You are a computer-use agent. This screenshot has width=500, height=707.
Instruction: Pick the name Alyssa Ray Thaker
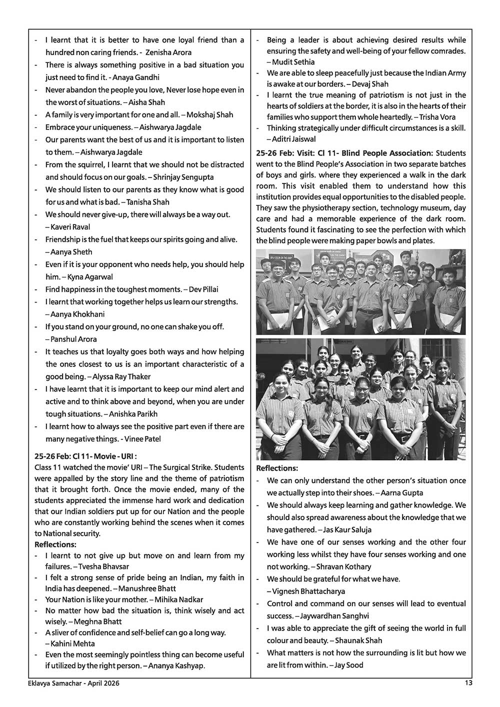coord(122,376)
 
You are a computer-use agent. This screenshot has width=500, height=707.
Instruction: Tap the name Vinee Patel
coord(143,439)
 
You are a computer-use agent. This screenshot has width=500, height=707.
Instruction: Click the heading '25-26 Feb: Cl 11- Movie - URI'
coord(85,456)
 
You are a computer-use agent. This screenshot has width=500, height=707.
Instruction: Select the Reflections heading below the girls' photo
coord(277,468)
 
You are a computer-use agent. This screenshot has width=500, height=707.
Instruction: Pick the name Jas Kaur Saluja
coord(348,529)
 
